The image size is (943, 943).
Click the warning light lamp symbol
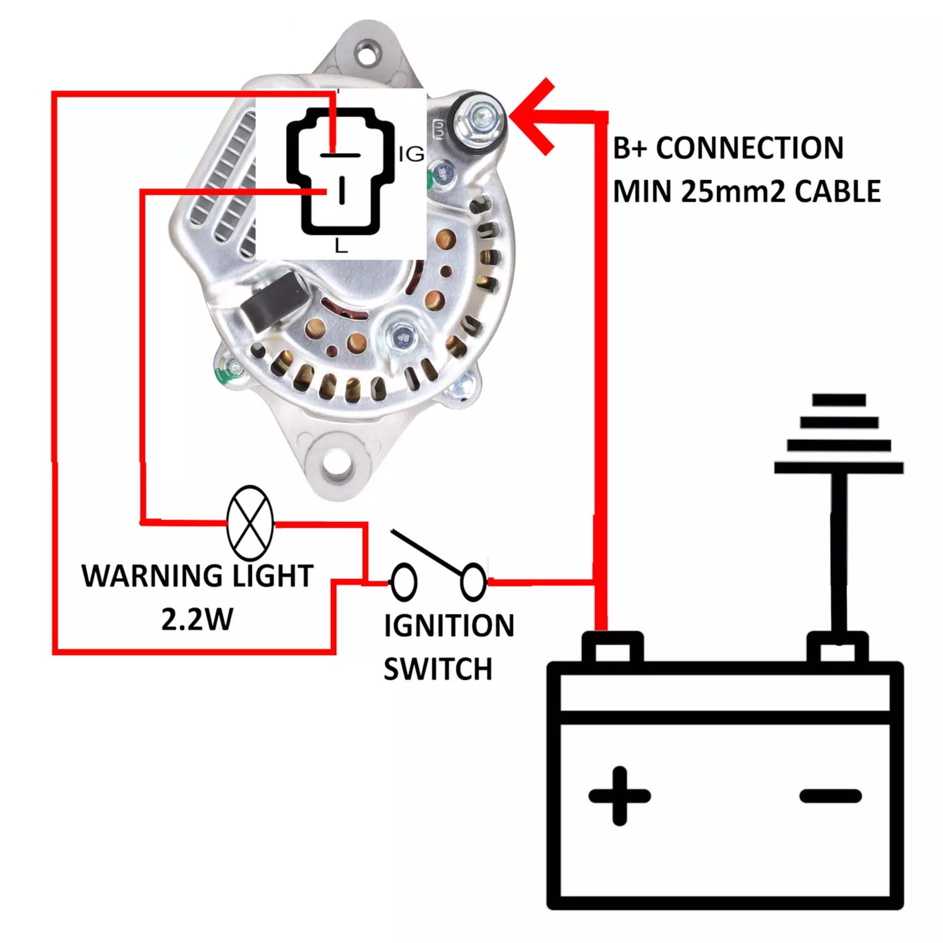pos(249,523)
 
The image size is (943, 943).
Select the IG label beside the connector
pos(411,155)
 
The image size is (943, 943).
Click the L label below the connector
pos(341,246)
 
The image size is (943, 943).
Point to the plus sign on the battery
pos(619,796)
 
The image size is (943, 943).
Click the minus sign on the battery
pos(830,796)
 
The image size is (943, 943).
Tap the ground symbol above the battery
pos(839,434)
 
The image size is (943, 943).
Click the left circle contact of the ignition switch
pos(403,581)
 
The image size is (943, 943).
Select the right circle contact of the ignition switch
pos(473,581)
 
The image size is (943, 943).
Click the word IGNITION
pos(449,626)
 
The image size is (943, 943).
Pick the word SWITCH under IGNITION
pos(437,670)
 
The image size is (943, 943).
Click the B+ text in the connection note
pos(629,149)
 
